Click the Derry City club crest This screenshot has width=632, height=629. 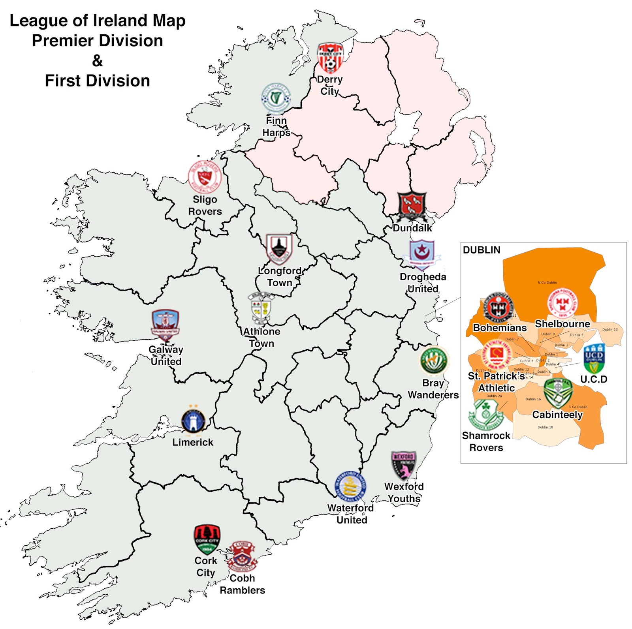pos(330,58)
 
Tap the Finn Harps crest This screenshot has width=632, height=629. pos(276,98)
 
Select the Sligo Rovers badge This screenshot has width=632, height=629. pos(204,176)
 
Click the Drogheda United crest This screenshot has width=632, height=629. pos(422,254)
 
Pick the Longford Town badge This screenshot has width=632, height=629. pos(279,249)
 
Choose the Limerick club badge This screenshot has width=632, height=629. pos(193,420)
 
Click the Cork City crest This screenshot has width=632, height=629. pos(207,539)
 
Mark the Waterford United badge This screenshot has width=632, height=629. pos(350,487)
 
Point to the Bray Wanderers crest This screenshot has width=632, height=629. pos(434,360)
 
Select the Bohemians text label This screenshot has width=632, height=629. pos(500,328)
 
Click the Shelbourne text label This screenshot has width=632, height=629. pos(562,324)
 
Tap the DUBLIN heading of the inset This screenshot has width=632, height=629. pos(482,250)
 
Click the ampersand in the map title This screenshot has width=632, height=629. pos(97,61)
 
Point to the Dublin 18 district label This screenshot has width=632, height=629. pos(545,427)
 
